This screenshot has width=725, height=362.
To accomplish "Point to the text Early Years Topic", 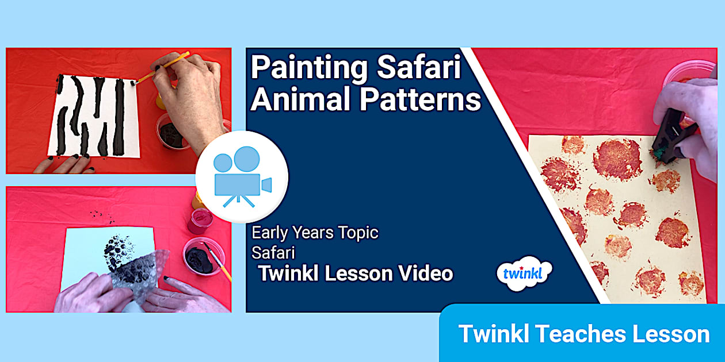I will click(315, 233).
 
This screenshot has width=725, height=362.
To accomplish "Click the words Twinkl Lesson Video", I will click(356, 274).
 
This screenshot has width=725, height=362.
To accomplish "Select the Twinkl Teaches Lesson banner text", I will click(583, 334).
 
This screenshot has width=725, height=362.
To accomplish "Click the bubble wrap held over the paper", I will click(138, 276).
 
